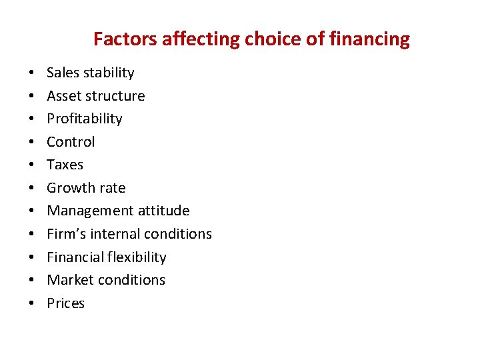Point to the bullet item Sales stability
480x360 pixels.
90,73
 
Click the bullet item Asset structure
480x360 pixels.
95,96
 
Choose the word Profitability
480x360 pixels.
85,119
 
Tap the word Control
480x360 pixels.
71,142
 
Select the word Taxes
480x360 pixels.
65,165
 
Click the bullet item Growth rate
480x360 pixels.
86,188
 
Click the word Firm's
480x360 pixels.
65,234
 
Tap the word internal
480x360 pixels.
110,234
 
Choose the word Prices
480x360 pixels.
65,303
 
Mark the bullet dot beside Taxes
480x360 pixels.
31,165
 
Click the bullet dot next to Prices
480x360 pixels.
31,304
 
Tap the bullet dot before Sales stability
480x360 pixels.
31,73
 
